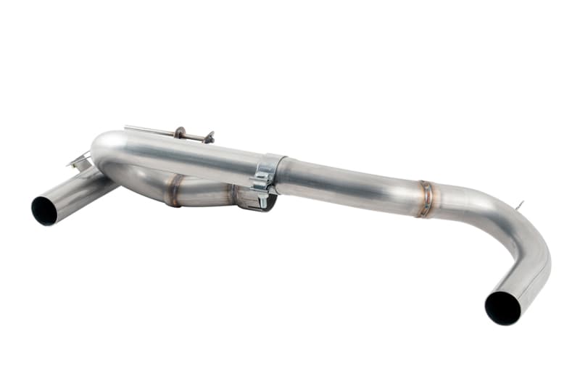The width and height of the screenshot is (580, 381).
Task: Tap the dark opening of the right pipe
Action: (x=502, y=307)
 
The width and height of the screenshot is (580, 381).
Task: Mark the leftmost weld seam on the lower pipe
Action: (x=174, y=190)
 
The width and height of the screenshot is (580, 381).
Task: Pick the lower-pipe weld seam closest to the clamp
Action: (x=233, y=194)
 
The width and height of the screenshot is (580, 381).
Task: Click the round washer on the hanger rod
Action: (x=178, y=133)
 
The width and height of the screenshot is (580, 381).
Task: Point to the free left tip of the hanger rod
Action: (x=127, y=127)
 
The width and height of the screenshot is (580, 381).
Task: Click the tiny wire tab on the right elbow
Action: (x=519, y=206)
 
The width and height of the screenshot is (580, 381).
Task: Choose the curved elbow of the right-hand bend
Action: (x=518, y=232)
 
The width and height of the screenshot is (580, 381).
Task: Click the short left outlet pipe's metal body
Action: (x=80, y=192)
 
